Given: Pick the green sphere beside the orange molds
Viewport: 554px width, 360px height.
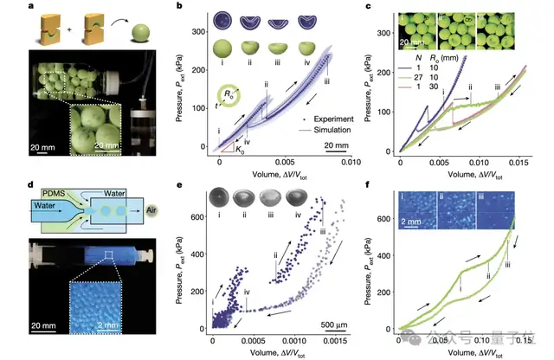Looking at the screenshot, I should pyautogui.click(x=137, y=35).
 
